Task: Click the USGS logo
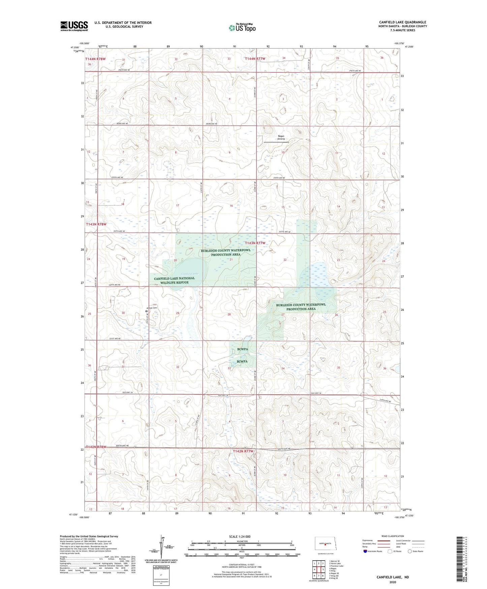(74, 26)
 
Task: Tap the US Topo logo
(242, 28)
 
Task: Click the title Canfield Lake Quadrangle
(402, 22)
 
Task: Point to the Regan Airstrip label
(281, 138)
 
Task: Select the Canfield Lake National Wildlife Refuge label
(174, 280)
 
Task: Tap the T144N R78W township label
(96, 59)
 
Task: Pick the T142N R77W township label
(243, 451)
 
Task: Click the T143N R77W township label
(255, 243)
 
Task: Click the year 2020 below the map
(393, 582)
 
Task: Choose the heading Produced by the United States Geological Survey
(89, 536)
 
